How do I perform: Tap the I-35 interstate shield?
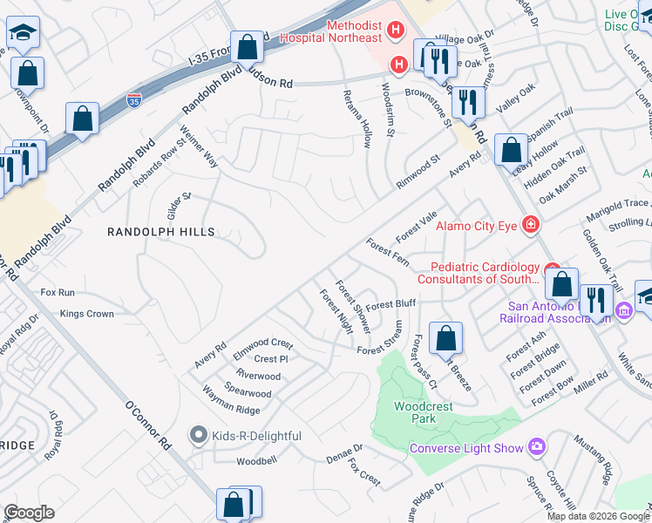(x=134, y=101)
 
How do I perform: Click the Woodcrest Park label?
(x=414, y=412)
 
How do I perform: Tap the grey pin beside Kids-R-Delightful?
(x=198, y=435)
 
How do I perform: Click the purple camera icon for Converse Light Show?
(x=536, y=448)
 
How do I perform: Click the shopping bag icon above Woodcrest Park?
(x=445, y=338)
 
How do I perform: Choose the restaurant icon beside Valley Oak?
(x=468, y=103)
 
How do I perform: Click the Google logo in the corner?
(x=29, y=512)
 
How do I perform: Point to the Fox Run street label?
(x=58, y=293)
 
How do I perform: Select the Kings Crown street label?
(x=86, y=314)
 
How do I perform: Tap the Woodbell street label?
(x=256, y=459)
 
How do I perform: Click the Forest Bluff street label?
(x=391, y=305)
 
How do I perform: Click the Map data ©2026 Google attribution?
(x=598, y=516)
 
